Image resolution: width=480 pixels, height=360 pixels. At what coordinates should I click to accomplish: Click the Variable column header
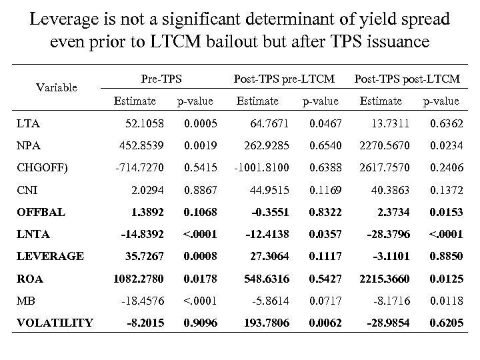coord(57,87)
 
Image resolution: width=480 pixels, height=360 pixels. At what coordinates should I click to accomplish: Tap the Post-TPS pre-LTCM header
coord(284,79)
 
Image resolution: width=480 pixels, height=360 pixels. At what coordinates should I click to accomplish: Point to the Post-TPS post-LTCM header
coord(407,79)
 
